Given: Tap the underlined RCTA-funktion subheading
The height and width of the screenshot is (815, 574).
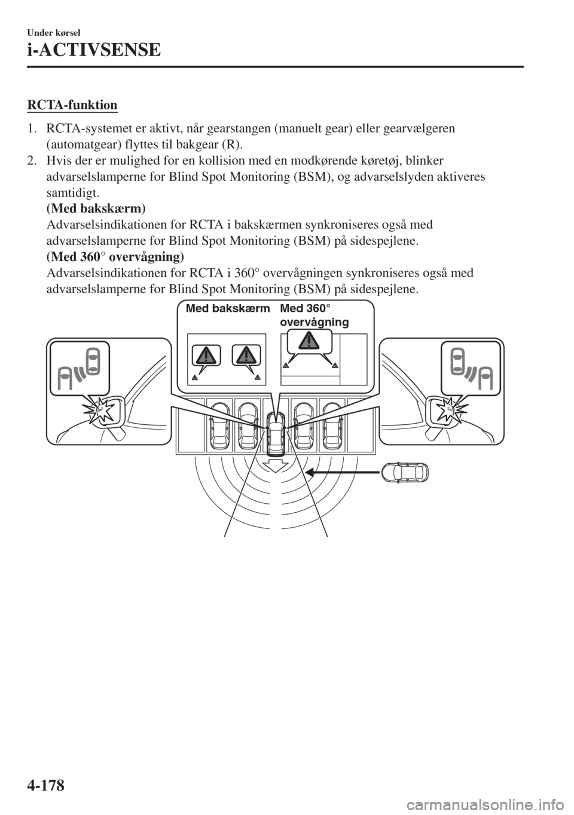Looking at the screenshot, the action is pos(72,106).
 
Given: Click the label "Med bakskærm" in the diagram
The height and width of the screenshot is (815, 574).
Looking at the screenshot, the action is pos(227,309).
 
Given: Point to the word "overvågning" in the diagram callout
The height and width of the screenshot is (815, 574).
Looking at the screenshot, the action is pos(314,322).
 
